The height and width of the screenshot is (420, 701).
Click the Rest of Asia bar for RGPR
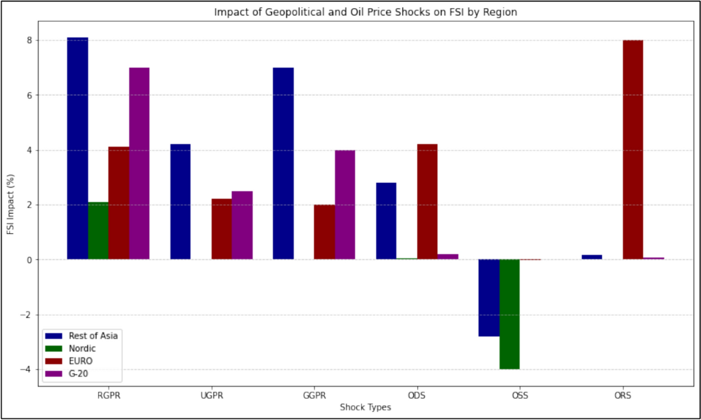(x=78, y=148)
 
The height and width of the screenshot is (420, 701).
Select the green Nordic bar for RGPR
(x=98, y=231)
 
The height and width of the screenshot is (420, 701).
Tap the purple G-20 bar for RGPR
(x=139, y=164)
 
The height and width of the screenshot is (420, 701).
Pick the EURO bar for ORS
(x=633, y=150)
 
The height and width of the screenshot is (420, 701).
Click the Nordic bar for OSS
(x=510, y=314)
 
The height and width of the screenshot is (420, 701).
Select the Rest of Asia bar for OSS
(x=489, y=298)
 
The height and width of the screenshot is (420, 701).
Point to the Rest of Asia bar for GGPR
(x=283, y=164)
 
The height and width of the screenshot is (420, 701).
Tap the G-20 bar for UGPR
(x=242, y=225)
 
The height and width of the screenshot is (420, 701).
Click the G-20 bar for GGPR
(x=345, y=204)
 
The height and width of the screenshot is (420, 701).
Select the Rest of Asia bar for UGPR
(x=181, y=202)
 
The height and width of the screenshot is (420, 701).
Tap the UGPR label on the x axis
(x=211, y=395)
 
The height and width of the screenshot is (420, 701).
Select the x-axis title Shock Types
(x=365, y=407)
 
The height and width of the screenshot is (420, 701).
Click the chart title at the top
(x=365, y=12)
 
